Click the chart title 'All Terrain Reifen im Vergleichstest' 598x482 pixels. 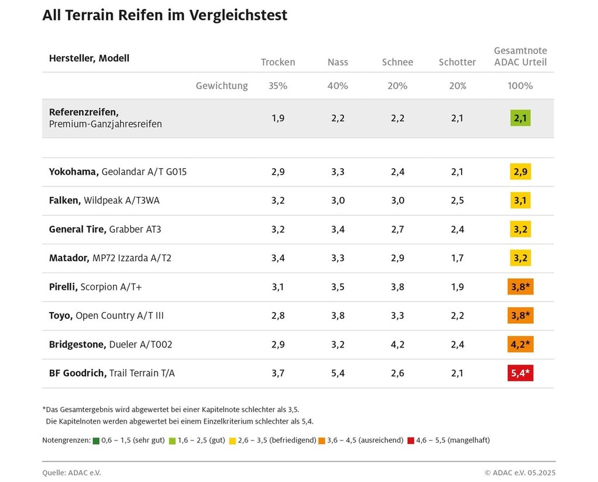164,16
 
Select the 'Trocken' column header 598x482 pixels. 278,62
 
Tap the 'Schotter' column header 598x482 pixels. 457,62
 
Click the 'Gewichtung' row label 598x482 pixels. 222,86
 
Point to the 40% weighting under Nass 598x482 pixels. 338,86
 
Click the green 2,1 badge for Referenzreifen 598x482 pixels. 520,118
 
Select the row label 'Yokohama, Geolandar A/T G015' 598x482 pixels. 118,172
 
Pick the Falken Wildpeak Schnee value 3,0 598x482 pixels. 397,200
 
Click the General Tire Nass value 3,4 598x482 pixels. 338,229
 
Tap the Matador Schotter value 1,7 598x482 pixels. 457,258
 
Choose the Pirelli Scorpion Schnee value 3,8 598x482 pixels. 397,287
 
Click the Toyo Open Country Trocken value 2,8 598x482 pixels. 278,315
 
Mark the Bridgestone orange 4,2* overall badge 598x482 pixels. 520,344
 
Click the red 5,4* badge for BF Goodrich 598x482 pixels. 520,373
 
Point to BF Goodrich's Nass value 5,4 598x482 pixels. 338,373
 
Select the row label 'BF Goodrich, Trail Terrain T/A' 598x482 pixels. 112,373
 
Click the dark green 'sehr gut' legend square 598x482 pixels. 96,440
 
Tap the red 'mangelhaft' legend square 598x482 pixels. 411,440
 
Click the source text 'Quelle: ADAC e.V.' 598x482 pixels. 67,472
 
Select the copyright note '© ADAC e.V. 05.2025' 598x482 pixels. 520,472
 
